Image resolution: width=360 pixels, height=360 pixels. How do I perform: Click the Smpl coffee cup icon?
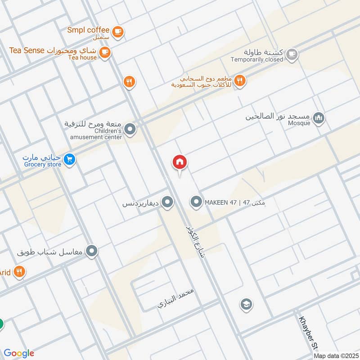point(118,31)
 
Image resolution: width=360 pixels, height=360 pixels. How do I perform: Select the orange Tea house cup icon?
point(105,52)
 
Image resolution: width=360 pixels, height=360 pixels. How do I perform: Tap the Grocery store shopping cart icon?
point(69,159)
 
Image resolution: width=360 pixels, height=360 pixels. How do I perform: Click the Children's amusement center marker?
point(130,130)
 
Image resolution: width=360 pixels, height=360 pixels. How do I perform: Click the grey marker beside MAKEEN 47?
point(196,202)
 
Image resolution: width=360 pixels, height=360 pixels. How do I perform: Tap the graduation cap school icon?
point(246,305)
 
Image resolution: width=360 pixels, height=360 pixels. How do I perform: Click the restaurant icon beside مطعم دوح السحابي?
point(240,81)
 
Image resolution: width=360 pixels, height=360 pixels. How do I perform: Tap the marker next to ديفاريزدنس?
point(168,202)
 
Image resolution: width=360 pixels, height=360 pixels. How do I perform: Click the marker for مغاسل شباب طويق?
point(92,251)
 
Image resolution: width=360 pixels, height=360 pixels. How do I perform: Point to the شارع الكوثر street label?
point(194,241)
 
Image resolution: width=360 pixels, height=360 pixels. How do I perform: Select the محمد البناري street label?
point(175,298)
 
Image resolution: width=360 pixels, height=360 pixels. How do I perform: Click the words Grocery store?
point(41,165)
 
